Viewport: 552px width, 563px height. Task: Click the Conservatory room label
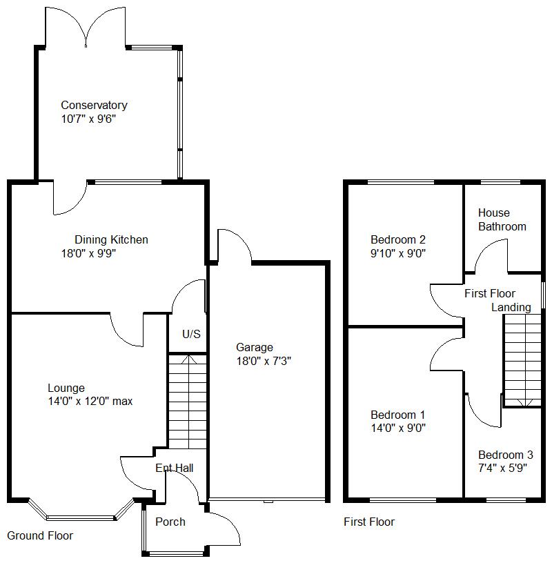click(x=94, y=106)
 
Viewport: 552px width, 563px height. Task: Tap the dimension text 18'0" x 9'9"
click(x=89, y=253)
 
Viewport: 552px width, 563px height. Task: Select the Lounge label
click(x=66, y=388)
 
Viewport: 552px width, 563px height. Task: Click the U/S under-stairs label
click(x=191, y=335)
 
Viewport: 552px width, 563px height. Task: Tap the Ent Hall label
click(x=174, y=468)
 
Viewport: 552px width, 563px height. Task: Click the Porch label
click(x=170, y=522)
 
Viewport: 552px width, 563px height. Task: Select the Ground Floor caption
click(x=40, y=536)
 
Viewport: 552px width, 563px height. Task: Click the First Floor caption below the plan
click(x=369, y=522)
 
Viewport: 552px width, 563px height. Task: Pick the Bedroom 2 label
click(x=398, y=240)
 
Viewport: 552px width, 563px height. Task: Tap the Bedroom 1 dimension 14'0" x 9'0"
click(x=398, y=428)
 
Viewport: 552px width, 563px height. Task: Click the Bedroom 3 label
click(x=506, y=455)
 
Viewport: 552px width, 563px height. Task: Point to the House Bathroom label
click(x=502, y=220)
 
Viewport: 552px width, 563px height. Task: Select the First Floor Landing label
click(x=497, y=300)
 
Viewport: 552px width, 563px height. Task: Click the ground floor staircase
click(x=188, y=400)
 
